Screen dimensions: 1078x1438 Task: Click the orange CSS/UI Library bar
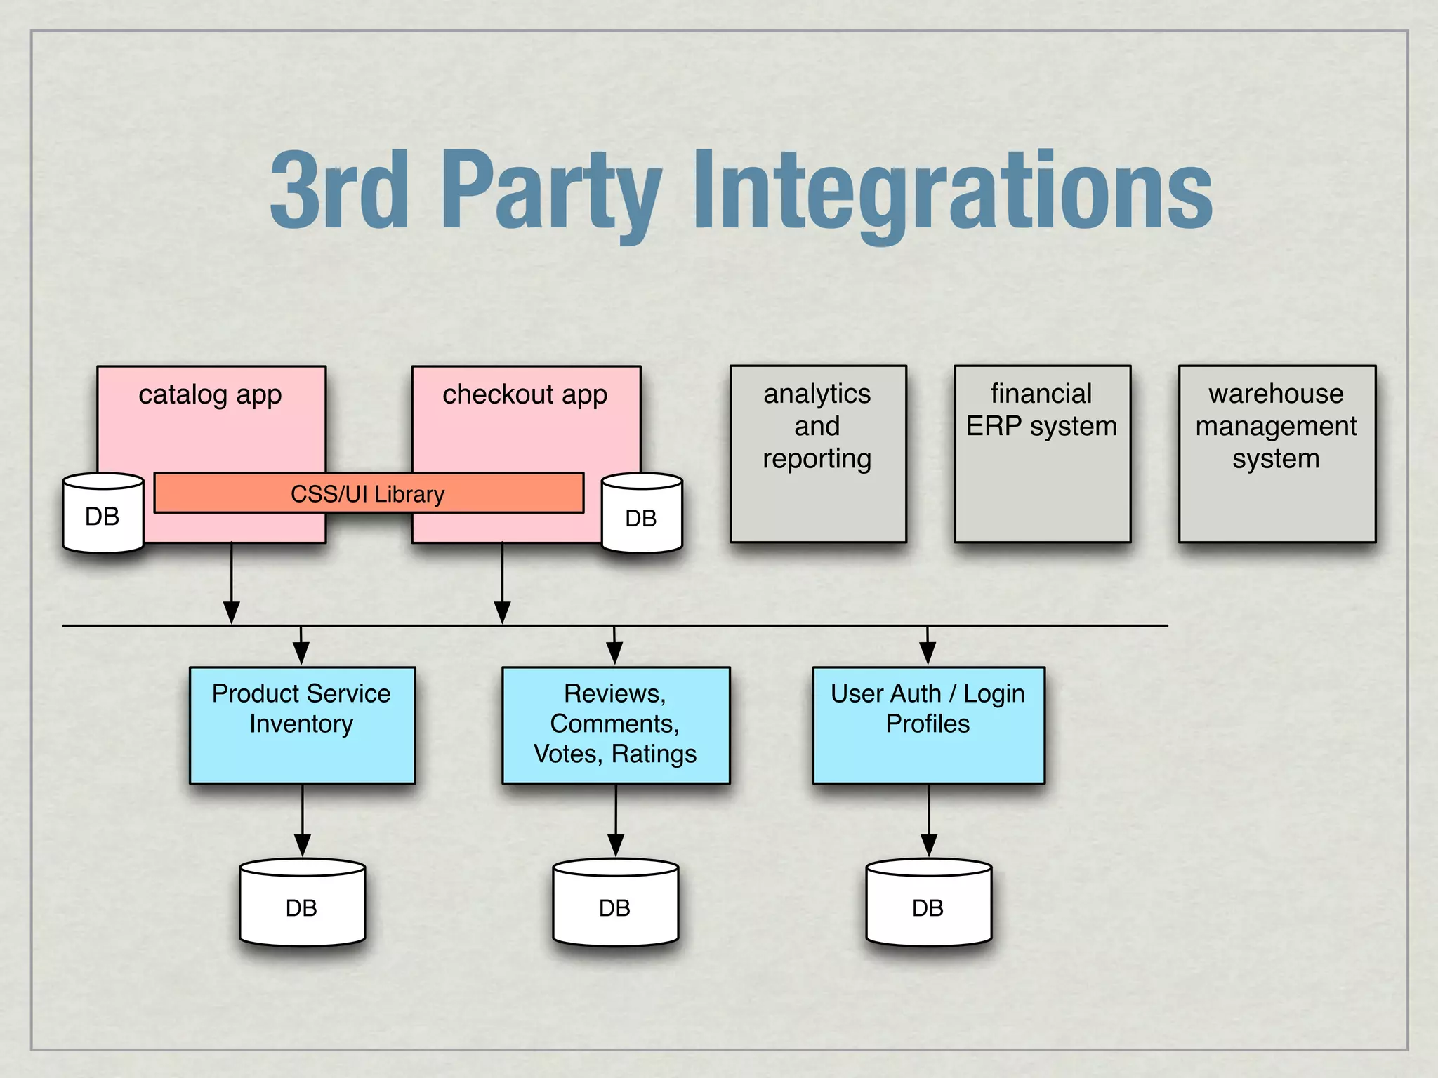(369, 493)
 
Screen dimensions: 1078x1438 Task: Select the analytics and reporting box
(818, 453)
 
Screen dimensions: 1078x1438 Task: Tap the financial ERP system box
(1042, 453)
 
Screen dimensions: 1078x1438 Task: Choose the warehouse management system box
(1277, 453)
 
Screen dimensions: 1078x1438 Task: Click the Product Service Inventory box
(302, 724)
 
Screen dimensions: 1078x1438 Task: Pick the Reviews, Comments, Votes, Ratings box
(616, 724)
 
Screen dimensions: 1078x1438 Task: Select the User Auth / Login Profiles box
(928, 724)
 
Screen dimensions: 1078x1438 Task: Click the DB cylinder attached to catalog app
(103, 514)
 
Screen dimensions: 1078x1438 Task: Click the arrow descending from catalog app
(231, 583)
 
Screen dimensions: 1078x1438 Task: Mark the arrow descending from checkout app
(502, 583)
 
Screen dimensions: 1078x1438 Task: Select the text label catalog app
(210, 394)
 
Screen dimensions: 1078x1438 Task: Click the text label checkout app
(525, 394)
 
